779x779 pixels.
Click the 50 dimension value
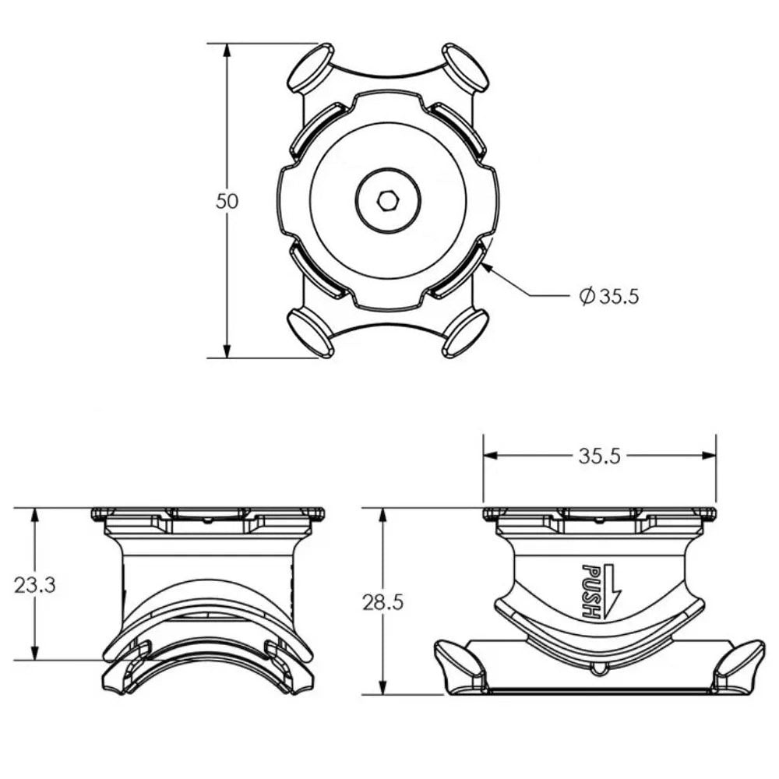point(227,201)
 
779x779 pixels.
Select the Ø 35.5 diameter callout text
point(610,296)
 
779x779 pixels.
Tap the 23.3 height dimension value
point(35,585)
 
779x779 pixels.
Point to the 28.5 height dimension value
point(383,602)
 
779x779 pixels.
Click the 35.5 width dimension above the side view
point(599,456)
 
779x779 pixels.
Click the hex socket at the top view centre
point(388,201)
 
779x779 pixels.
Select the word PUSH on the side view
point(591,590)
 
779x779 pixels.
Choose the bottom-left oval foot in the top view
point(310,333)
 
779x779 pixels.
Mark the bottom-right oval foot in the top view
point(465,333)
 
